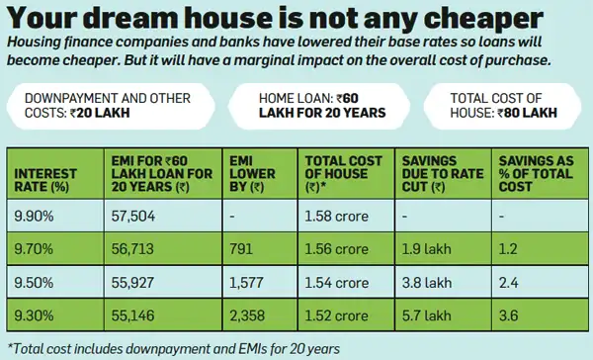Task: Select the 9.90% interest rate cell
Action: pyautogui.click(x=35, y=215)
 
